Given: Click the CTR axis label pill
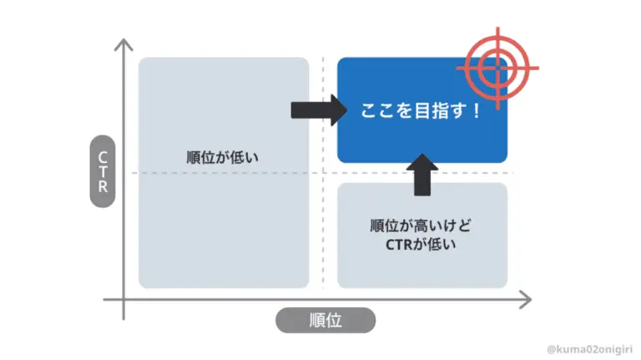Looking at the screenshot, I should click(102, 171).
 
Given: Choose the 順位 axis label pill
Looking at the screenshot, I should click(325, 320).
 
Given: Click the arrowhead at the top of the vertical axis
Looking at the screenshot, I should click(124, 44).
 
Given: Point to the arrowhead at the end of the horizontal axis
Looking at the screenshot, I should click(525, 299).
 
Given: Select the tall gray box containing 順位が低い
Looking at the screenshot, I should click(224, 172).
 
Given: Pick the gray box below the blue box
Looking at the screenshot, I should click(422, 236).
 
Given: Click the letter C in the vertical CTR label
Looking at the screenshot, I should click(102, 155).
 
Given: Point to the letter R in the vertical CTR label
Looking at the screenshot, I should click(102, 187).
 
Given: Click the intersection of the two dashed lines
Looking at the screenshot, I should click(324, 173).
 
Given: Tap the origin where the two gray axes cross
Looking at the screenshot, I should click(124, 299).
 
